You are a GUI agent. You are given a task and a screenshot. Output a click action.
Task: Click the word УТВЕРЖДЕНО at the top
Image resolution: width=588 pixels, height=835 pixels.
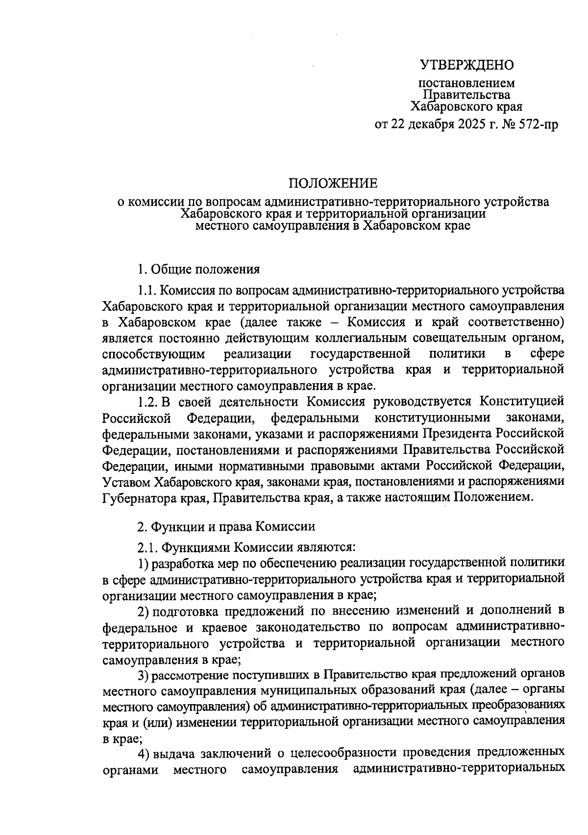pyautogui.click(x=466, y=64)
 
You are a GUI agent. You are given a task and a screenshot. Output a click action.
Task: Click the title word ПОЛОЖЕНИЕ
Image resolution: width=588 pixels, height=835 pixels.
pyautogui.click(x=333, y=183)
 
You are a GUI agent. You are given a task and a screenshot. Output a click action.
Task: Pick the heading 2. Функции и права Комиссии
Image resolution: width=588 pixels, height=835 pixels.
pyautogui.click(x=226, y=526)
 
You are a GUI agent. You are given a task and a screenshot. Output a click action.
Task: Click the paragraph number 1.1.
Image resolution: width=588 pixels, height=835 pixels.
pyautogui.click(x=147, y=290)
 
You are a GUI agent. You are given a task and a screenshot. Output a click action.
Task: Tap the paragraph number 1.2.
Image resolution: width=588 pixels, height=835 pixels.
pyautogui.click(x=147, y=401)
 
